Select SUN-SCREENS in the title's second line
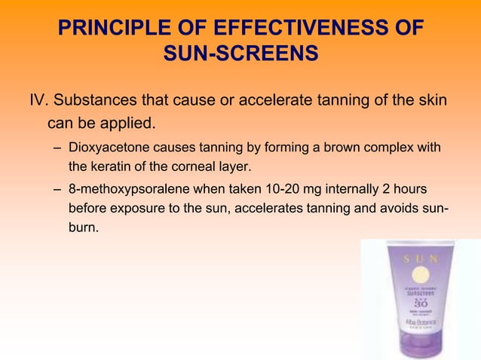pyautogui.click(x=240, y=55)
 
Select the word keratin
pyautogui.click(x=115, y=166)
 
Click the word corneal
pyautogui.click(x=196, y=166)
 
